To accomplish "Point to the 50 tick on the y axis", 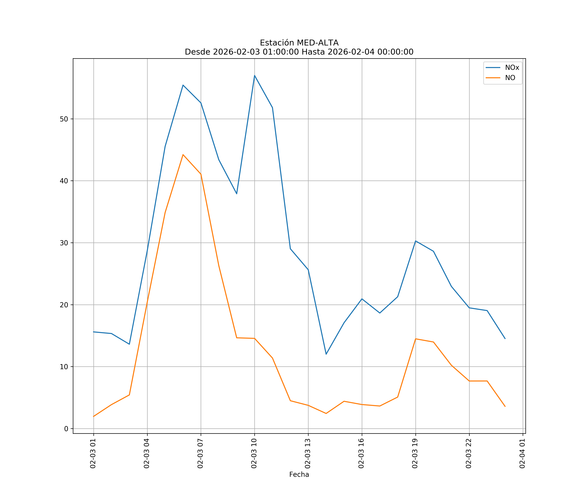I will [x=64, y=119].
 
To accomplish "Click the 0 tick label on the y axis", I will [x=66, y=429].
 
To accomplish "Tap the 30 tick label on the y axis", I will [x=64, y=243].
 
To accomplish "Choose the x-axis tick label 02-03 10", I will [x=254, y=453].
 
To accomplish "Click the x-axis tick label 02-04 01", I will [x=522, y=453].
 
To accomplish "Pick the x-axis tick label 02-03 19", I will [x=415, y=453].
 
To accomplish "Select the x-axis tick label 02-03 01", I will [x=93, y=453].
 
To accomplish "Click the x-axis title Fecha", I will [x=299, y=475].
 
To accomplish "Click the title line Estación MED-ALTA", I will [x=299, y=43].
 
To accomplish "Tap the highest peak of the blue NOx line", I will [x=255, y=75].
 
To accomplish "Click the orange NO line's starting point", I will [x=94, y=416].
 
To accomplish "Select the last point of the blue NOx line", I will [x=505, y=339].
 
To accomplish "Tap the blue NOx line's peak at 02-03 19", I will [x=415, y=241].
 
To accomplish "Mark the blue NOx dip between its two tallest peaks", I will [x=237, y=194].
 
